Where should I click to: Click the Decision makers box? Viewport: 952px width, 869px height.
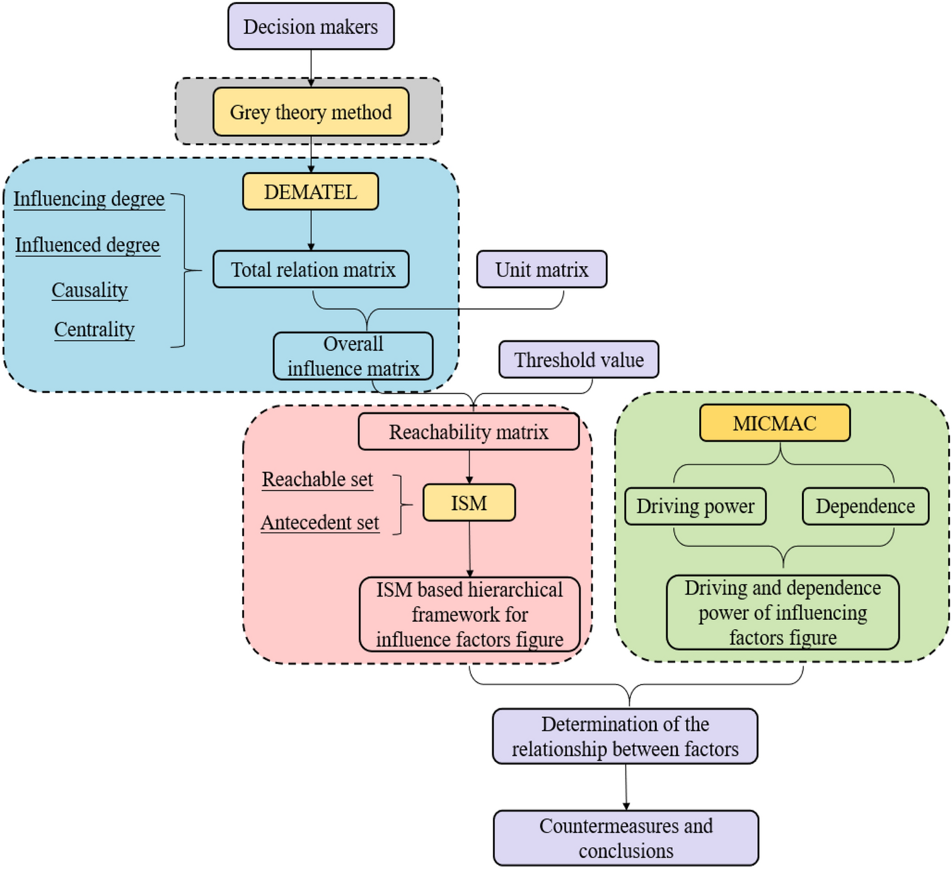click(311, 26)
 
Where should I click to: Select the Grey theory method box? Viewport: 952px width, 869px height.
click(311, 112)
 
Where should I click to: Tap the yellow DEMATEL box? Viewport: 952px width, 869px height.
click(311, 192)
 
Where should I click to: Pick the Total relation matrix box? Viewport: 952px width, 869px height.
click(311, 270)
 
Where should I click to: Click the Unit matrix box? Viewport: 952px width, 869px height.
click(542, 270)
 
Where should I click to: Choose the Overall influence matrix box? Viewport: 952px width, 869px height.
click(353, 356)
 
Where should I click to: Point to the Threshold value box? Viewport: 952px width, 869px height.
click(579, 360)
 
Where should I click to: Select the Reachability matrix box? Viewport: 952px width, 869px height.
click(468, 432)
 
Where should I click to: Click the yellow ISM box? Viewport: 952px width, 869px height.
click(469, 503)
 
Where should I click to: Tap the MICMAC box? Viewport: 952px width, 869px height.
click(775, 423)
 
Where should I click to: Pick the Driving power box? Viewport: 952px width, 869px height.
click(695, 506)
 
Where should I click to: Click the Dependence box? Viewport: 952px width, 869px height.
click(865, 506)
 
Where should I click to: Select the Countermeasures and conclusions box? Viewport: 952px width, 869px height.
click(626, 838)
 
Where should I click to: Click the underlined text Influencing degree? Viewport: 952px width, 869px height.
click(89, 199)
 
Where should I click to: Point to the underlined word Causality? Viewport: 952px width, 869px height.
click(90, 290)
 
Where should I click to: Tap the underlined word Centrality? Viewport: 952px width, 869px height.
click(94, 330)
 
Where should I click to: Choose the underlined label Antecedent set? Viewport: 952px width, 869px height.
click(320, 523)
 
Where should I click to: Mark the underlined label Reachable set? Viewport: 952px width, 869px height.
click(317, 480)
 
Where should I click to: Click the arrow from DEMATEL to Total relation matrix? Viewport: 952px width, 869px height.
click(311, 230)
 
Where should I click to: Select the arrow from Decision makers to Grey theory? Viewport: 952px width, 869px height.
click(311, 66)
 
